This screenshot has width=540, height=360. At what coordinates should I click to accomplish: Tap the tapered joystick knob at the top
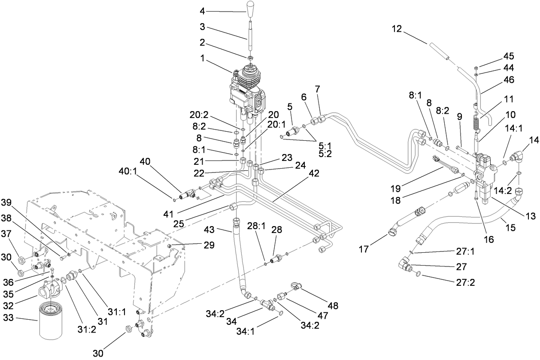(250, 9)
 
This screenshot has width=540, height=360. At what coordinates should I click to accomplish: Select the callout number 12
(397, 29)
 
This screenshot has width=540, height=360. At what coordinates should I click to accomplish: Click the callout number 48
(332, 306)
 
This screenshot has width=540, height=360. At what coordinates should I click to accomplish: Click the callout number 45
(509, 56)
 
